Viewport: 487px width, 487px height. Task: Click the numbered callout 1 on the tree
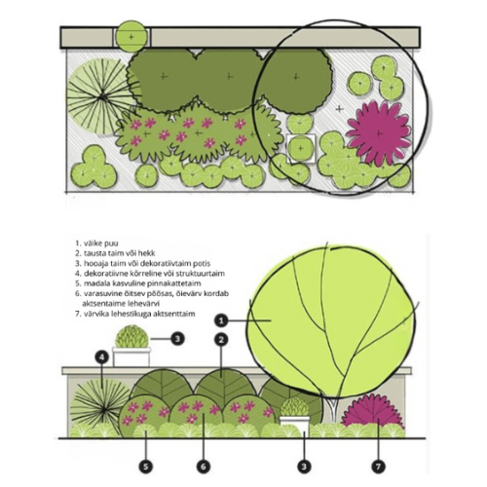click(221, 321)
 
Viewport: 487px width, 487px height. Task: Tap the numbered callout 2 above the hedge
click(221, 340)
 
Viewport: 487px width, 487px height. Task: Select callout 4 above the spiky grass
click(102, 357)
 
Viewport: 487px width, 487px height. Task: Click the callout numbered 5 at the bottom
click(146, 467)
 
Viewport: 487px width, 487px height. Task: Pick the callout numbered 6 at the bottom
click(204, 467)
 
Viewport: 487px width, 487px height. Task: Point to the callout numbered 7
click(379, 467)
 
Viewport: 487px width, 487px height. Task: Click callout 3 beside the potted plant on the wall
click(177, 339)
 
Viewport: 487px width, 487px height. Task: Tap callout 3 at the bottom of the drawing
click(304, 467)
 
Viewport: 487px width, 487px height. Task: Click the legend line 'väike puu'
click(97, 243)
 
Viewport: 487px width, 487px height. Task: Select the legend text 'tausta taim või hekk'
click(115, 253)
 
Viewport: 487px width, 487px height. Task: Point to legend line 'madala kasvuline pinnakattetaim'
click(138, 283)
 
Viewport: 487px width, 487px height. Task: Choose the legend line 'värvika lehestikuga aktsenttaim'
click(135, 314)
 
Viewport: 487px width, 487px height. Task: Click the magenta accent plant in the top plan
click(379, 133)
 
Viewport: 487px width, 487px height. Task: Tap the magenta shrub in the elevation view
click(373, 411)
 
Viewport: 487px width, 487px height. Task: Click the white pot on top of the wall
click(131, 357)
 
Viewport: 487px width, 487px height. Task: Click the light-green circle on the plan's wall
click(131, 37)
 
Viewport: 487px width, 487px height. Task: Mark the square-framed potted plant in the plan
click(301, 148)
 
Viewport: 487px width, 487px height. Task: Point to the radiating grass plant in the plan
click(101, 96)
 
